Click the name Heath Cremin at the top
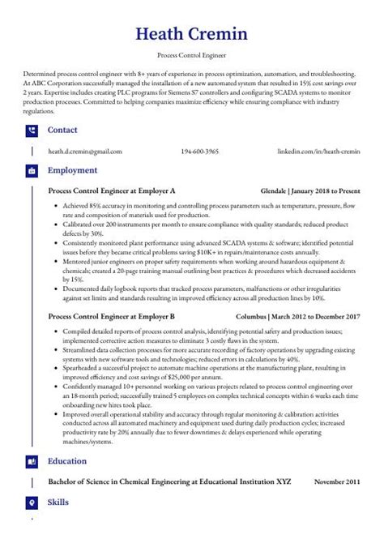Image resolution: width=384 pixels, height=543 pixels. (x=192, y=34)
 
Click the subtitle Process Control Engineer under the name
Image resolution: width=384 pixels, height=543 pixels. (x=192, y=56)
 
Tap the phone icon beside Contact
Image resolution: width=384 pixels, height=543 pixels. (x=32, y=130)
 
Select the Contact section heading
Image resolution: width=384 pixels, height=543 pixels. (x=62, y=130)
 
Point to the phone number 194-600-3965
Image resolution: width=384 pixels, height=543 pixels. (x=199, y=152)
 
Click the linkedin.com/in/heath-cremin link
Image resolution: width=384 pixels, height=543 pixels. (x=318, y=152)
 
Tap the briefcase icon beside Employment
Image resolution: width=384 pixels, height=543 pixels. (x=32, y=171)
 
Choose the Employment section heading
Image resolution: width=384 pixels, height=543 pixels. (x=72, y=171)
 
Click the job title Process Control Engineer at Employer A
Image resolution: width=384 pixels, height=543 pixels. (x=112, y=191)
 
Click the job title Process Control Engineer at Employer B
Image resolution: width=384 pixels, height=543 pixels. (x=112, y=317)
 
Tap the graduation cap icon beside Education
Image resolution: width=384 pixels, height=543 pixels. (x=32, y=461)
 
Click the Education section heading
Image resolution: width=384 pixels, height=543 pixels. (x=67, y=461)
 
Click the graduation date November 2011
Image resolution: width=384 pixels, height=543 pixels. (x=337, y=482)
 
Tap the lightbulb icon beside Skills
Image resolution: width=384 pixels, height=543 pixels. (x=32, y=502)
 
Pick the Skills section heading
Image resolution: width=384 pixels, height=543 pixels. (x=58, y=502)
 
